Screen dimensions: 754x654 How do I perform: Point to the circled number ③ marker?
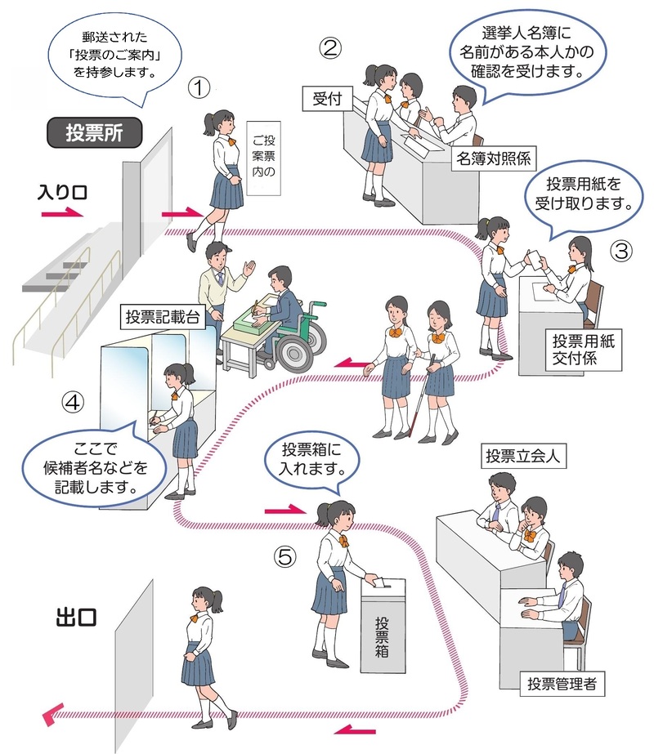point(621,251)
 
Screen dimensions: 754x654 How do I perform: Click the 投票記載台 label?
point(163,316)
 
